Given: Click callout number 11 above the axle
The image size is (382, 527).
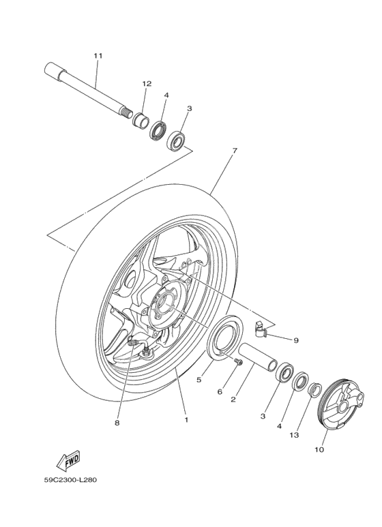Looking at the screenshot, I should point(98,55).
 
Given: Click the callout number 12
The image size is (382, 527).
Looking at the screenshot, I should point(146,83).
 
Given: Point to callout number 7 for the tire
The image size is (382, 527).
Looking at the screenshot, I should point(234,151).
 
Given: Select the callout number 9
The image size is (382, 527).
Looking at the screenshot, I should point(296,340).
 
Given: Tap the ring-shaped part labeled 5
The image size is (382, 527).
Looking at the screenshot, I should point(224,341).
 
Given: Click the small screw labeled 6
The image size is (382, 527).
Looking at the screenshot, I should point(238,363).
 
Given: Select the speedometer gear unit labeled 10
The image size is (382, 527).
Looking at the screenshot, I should point(341,408).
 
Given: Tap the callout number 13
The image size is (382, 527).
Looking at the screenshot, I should point(294,435).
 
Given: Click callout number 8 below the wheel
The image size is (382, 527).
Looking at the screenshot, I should point(117,423).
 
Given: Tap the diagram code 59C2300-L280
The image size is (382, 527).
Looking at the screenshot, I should point(70,479).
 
